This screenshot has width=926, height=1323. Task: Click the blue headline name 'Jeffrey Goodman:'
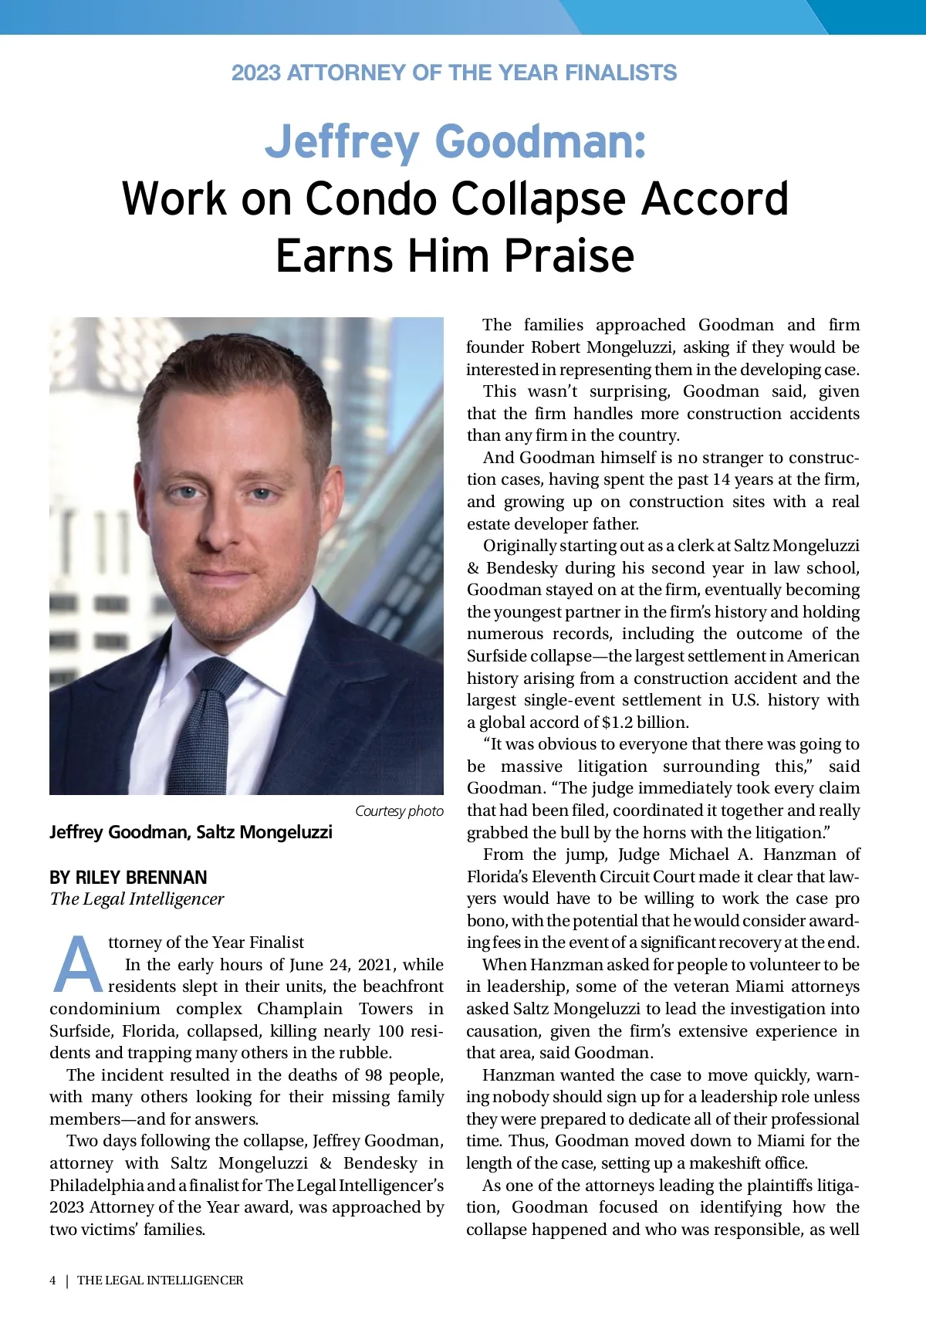[455, 142]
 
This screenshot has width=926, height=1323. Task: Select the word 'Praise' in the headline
[569, 256]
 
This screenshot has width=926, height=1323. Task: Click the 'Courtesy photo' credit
[399, 811]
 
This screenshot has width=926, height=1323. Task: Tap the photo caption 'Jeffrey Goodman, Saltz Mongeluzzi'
[191, 832]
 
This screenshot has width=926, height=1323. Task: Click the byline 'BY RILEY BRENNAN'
[128, 878]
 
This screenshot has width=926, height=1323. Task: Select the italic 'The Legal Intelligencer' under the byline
[137, 899]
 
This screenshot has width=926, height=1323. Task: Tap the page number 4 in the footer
[52, 1281]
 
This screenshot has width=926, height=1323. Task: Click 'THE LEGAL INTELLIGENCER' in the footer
[160, 1281]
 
